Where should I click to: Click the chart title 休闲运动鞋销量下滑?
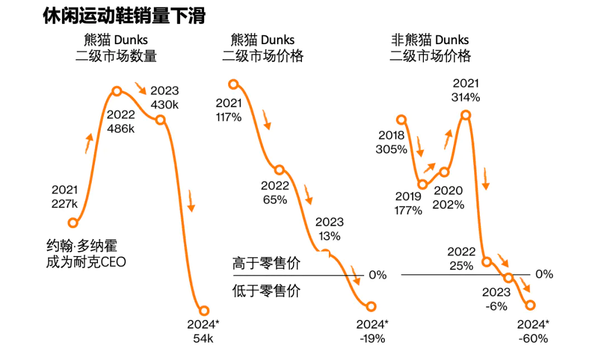(x=124, y=16)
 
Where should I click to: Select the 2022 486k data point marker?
(x=117, y=91)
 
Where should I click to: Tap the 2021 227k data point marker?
(x=72, y=223)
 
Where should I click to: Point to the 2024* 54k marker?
(x=204, y=311)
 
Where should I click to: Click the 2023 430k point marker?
(x=160, y=120)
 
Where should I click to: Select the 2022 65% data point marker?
(x=280, y=170)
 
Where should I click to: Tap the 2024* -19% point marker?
(x=371, y=306)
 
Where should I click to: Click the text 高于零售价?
(x=266, y=264)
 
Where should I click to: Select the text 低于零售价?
(x=266, y=291)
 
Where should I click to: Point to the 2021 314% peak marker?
(x=466, y=115)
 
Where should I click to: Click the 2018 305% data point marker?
(x=401, y=119)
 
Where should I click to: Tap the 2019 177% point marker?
(x=423, y=184)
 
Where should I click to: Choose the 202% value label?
(x=449, y=205)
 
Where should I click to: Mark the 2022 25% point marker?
(x=487, y=262)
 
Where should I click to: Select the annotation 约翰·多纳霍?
(x=82, y=245)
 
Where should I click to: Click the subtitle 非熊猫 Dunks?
(x=430, y=40)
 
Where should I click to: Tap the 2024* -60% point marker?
(x=530, y=305)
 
